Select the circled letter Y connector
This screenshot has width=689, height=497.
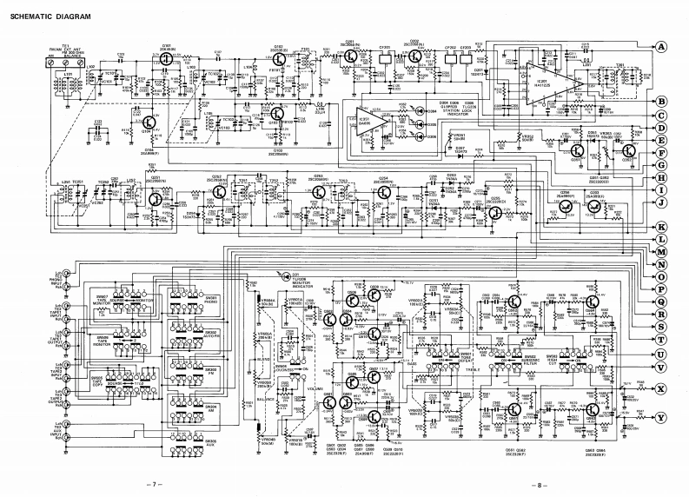pyautogui.click(x=661, y=416)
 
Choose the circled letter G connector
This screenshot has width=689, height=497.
pyautogui.click(x=661, y=162)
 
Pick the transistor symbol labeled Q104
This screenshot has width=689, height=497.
pyautogui.click(x=150, y=124)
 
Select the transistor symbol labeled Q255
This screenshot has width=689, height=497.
pyautogui.click(x=496, y=209)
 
